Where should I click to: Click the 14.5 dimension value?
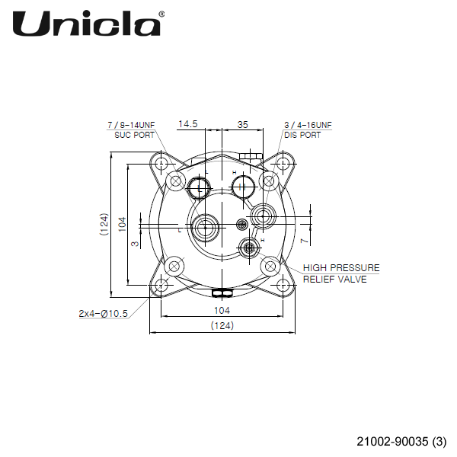tap(188, 123)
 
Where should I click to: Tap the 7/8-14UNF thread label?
tap(131, 124)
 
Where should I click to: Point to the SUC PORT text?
tap(129, 135)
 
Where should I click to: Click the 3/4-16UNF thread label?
tap(308, 124)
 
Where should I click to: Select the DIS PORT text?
tap(302, 135)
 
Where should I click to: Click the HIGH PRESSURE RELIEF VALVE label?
tap(340, 273)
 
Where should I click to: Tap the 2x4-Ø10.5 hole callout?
tap(103, 313)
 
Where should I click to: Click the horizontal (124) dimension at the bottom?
tap(222, 326)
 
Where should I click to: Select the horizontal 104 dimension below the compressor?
tap(222, 311)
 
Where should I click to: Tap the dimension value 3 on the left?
tap(135, 244)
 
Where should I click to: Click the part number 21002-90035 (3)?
tap(401, 441)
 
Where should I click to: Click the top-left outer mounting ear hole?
tap(161, 163)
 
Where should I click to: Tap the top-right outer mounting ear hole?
tap(283, 163)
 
